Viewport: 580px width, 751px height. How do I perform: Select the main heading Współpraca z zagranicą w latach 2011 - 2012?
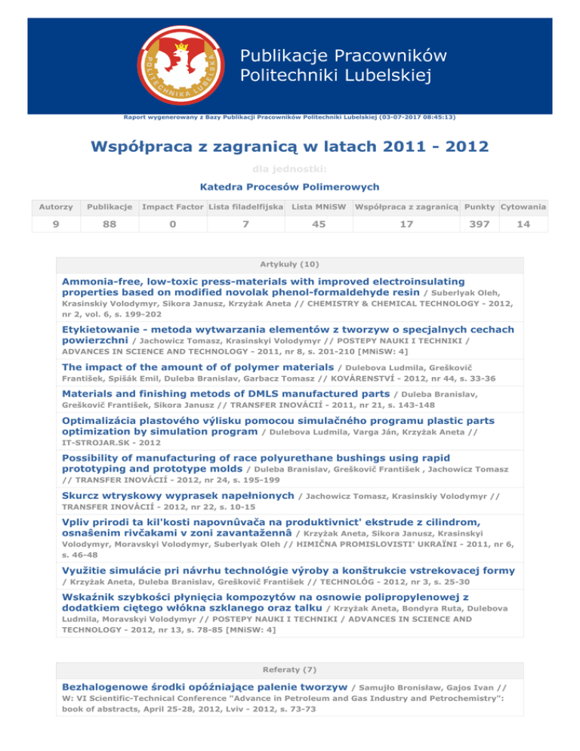[290, 146]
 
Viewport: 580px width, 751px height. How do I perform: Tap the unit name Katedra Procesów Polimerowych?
[289, 187]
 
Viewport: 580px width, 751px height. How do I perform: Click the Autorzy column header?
[57, 206]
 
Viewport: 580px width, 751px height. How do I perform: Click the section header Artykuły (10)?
[290, 265]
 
